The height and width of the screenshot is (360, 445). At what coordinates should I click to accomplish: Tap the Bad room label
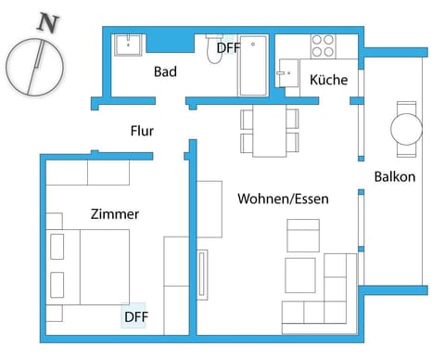click(x=166, y=71)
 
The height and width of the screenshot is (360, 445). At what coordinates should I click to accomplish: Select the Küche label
click(x=329, y=80)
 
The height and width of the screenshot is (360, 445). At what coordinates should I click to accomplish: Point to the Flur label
click(x=142, y=131)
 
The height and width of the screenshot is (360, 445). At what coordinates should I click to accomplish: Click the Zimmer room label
click(x=115, y=214)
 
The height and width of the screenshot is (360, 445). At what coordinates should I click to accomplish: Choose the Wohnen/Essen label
click(x=284, y=199)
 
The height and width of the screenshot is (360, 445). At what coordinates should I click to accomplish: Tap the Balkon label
click(x=395, y=176)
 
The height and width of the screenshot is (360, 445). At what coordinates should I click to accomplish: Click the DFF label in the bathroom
click(x=228, y=47)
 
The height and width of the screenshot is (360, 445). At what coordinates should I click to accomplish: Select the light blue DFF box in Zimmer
click(x=134, y=316)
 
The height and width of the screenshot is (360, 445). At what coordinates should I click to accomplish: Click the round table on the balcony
click(x=407, y=128)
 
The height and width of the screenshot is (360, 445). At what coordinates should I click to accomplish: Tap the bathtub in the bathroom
click(x=253, y=66)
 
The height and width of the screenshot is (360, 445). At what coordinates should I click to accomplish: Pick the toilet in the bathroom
click(x=214, y=52)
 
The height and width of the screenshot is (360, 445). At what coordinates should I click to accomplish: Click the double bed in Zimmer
click(x=93, y=265)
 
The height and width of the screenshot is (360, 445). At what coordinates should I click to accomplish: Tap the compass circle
click(x=34, y=66)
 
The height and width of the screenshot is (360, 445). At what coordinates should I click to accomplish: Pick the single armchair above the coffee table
click(x=302, y=235)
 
